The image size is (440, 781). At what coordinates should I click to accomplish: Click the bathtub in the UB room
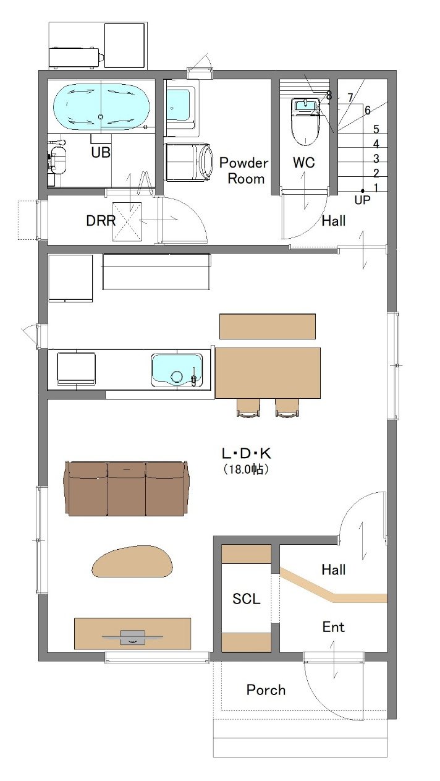point(101,106)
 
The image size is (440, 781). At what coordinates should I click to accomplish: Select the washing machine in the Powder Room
point(189,162)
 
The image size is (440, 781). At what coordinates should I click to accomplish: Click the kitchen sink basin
point(177,370)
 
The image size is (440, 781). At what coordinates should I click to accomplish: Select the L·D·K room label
point(247,453)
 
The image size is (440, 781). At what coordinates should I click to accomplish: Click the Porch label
point(266,689)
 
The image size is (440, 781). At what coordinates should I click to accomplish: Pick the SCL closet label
point(247,599)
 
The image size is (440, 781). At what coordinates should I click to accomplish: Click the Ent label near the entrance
point(333,627)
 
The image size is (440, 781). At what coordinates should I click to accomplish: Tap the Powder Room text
point(244,171)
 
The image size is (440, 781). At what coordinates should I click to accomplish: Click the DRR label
point(101,220)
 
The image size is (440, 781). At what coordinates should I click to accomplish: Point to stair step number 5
point(376,129)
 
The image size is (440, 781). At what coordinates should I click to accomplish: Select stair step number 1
point(376,187)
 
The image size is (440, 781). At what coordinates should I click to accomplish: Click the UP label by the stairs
point(362,200)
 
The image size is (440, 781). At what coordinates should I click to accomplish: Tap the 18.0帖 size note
point(246,469)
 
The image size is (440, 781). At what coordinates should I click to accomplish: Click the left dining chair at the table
point(248,408)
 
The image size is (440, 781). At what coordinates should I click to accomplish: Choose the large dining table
point(268,372)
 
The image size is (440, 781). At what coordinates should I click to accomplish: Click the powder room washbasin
point(180,108)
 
